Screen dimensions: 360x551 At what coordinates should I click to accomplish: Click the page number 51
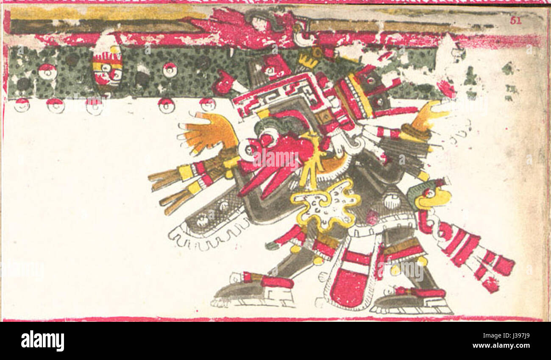(515, 20)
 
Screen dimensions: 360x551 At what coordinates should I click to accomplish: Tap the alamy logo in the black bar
(43, 341)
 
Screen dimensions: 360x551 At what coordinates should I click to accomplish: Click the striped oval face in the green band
(107, 66)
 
